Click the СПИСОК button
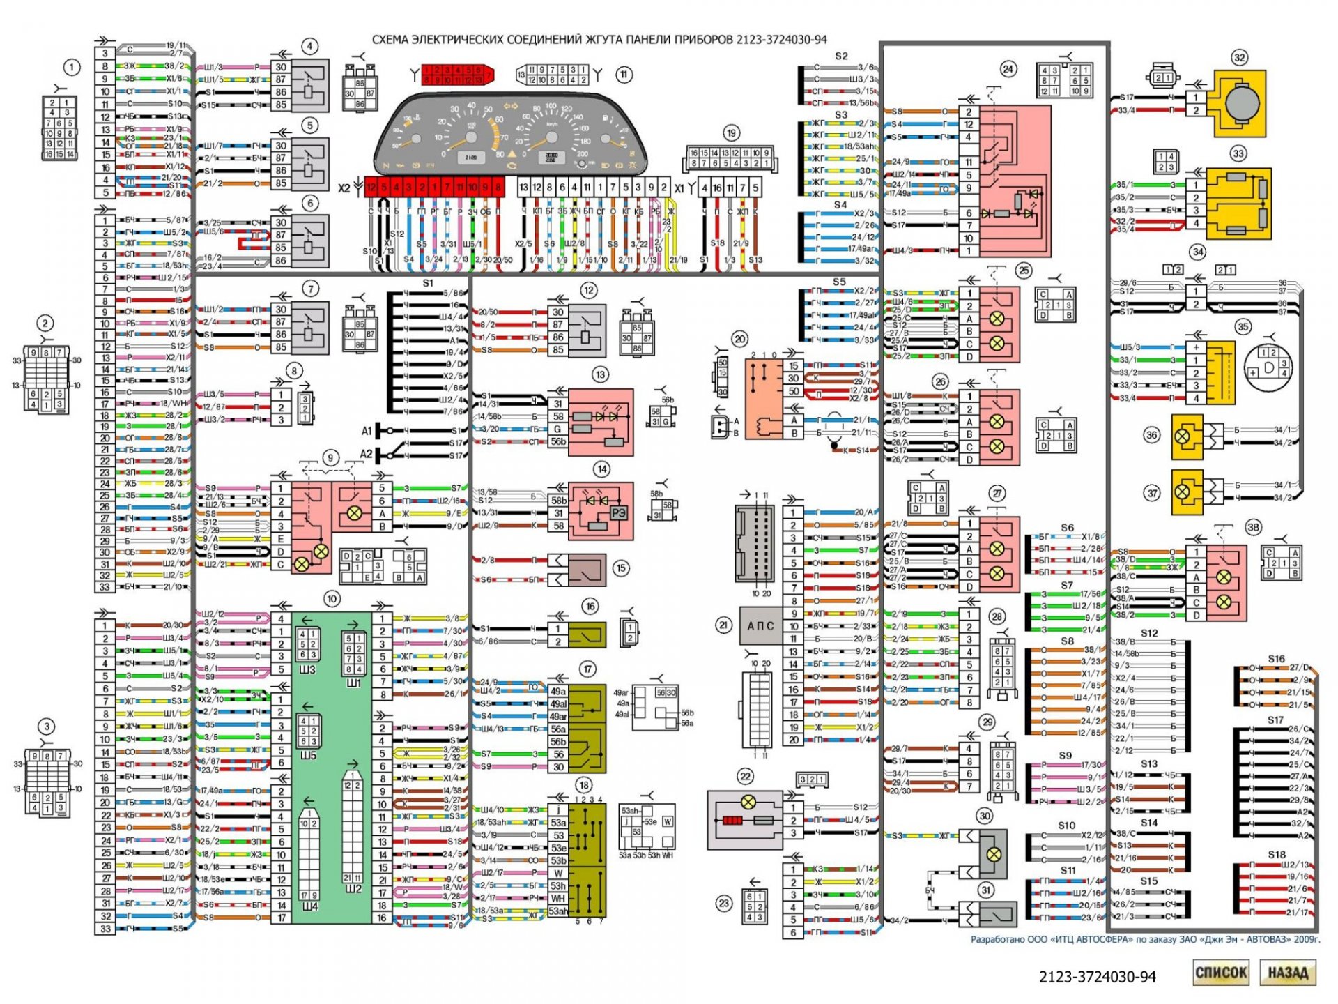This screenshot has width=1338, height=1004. (x=1220, y=973)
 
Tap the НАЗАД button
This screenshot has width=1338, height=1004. (x=1287, y=973)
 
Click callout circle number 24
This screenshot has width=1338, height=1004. (x=1008, y=68)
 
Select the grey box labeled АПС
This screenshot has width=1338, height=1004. (x=760, y=625)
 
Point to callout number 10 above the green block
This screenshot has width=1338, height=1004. (x=332, y=598)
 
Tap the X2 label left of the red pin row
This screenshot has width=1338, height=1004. (x=344, y=188)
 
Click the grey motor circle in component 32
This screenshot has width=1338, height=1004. (x=1241, y=102)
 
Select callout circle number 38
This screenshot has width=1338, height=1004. (x=1253, y=527)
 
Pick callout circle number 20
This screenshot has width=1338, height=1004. (x=739, y=340)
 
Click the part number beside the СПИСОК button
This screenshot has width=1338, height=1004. (x=1097, y=977)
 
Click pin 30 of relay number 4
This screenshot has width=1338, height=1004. (x=281, y=67)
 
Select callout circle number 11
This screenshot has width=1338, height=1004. (x=623, y=75)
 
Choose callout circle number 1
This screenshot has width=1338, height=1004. (x=71, y=68)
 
